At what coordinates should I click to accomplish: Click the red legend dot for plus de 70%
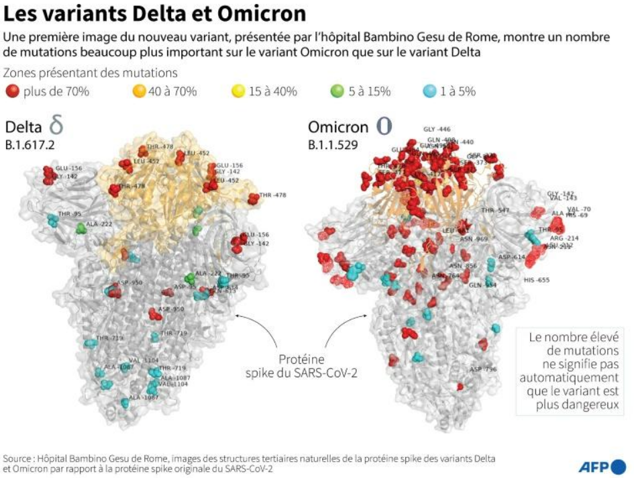pyautogui.click(x=12, y=91)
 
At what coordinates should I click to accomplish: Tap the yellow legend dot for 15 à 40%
pyautogui.click(x=237, y=91)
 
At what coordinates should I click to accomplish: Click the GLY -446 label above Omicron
pyautogui.click(x=437, y=129)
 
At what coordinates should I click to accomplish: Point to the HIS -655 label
pyautogui.click(x=536, y=279)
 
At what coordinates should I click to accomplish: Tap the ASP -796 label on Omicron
pyautogui.click(x=483, y=369)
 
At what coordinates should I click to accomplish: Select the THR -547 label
pyautogui.click(x=495, y=210)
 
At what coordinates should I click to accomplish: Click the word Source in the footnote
pyautogui.click(x=18, y=459)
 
